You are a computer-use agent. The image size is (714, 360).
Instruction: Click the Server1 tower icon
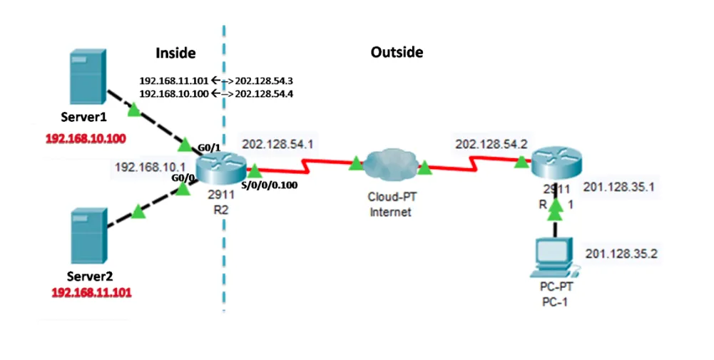[88, 78]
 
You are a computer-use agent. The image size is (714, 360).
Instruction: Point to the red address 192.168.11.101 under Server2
[92, 292]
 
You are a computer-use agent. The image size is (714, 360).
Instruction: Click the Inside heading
[175, 53]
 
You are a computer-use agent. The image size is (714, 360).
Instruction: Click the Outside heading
[397, 52]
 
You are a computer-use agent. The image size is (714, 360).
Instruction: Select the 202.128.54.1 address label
[277, 144]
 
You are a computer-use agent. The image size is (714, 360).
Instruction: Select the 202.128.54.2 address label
[491, 144]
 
